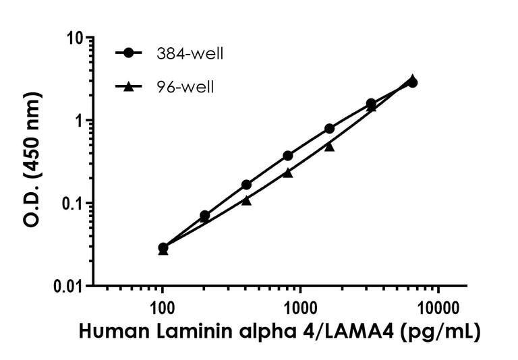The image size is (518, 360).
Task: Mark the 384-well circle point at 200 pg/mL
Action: pyautogui.click(x=204, y=216)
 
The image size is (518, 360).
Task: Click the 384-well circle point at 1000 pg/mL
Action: pyautogui.click(x=288, y=156)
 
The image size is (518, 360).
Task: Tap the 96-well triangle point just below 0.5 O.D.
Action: pyautogui.click(x=329, y=146)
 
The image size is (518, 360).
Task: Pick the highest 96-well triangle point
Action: pyautogui.click(x=412, y=79)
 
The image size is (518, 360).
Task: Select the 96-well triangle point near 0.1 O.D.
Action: pyautogui.click(x=246, y=200)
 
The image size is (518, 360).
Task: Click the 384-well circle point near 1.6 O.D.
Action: pyautogui.click(x=371, y=103)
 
